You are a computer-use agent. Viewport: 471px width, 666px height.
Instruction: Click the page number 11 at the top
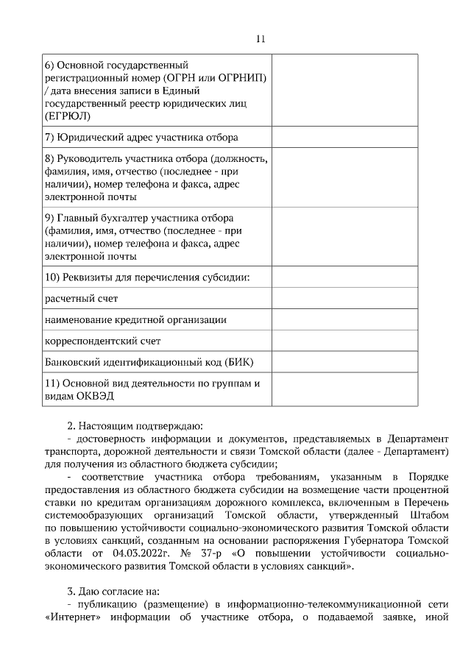point(261,39)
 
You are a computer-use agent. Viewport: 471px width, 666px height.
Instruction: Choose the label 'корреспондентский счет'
point(102,341)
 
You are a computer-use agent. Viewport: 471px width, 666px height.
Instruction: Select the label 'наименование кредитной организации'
point(135,320)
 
